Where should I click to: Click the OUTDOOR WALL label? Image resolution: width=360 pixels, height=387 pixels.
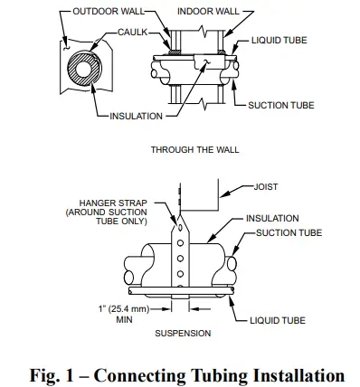coord(101,10)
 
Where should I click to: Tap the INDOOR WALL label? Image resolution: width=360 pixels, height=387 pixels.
coord(207,10)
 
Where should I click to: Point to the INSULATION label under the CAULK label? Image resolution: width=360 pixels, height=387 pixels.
coord(136,116)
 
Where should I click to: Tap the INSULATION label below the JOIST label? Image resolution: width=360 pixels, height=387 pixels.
coord(273,219)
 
